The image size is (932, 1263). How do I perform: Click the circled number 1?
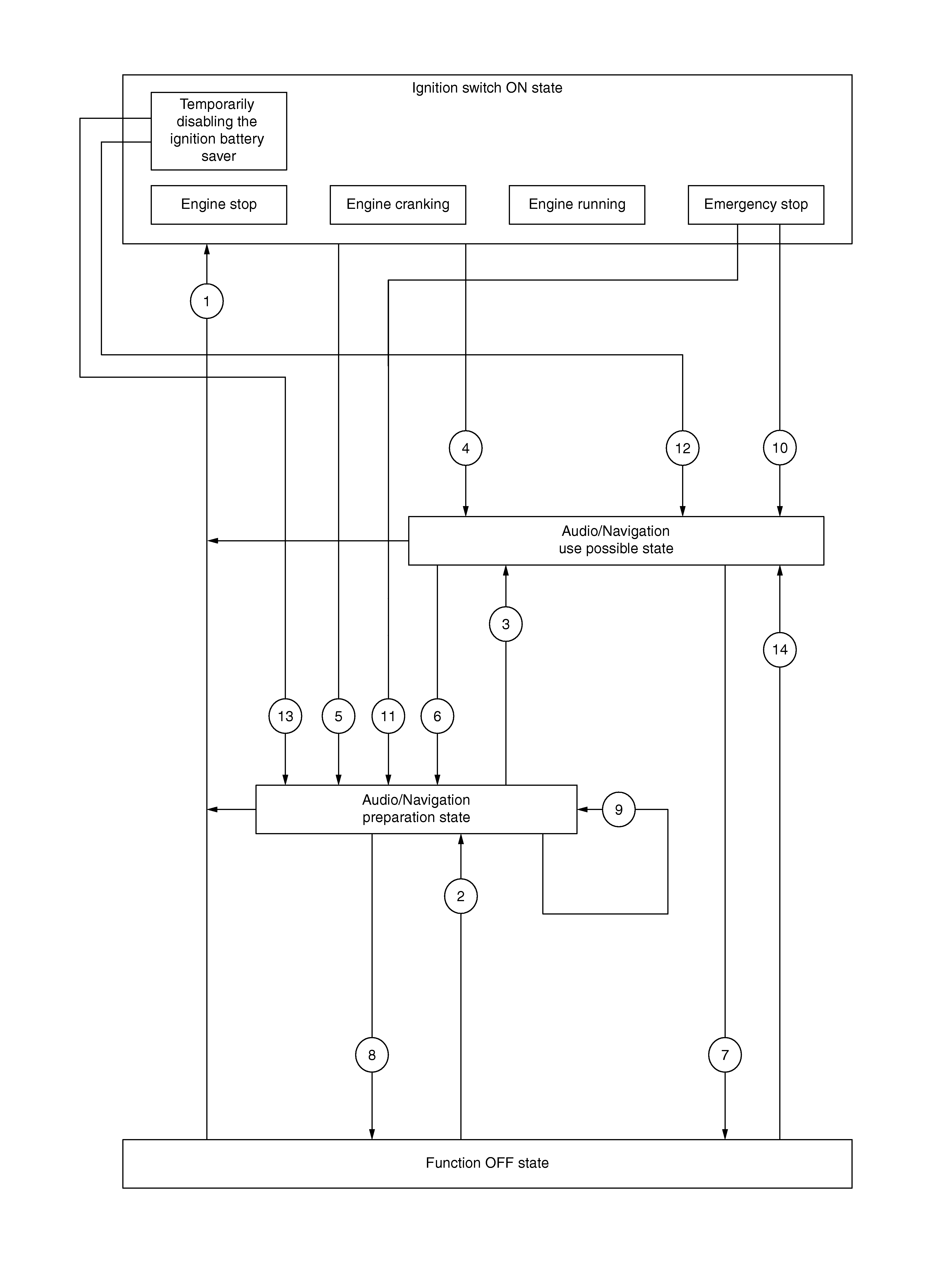(x=207, y=301)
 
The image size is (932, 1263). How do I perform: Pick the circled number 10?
(x=780, y=448)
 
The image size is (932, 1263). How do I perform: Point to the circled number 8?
(x=372, y=1055)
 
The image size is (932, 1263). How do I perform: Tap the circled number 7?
(x=725, y=1055)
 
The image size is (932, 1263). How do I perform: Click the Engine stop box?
(x=219, y=205)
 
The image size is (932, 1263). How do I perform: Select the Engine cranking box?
(x=398, y=205)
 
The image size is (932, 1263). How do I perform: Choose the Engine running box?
(x=577, y=205)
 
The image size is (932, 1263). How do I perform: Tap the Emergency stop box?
(x=756, y=205)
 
